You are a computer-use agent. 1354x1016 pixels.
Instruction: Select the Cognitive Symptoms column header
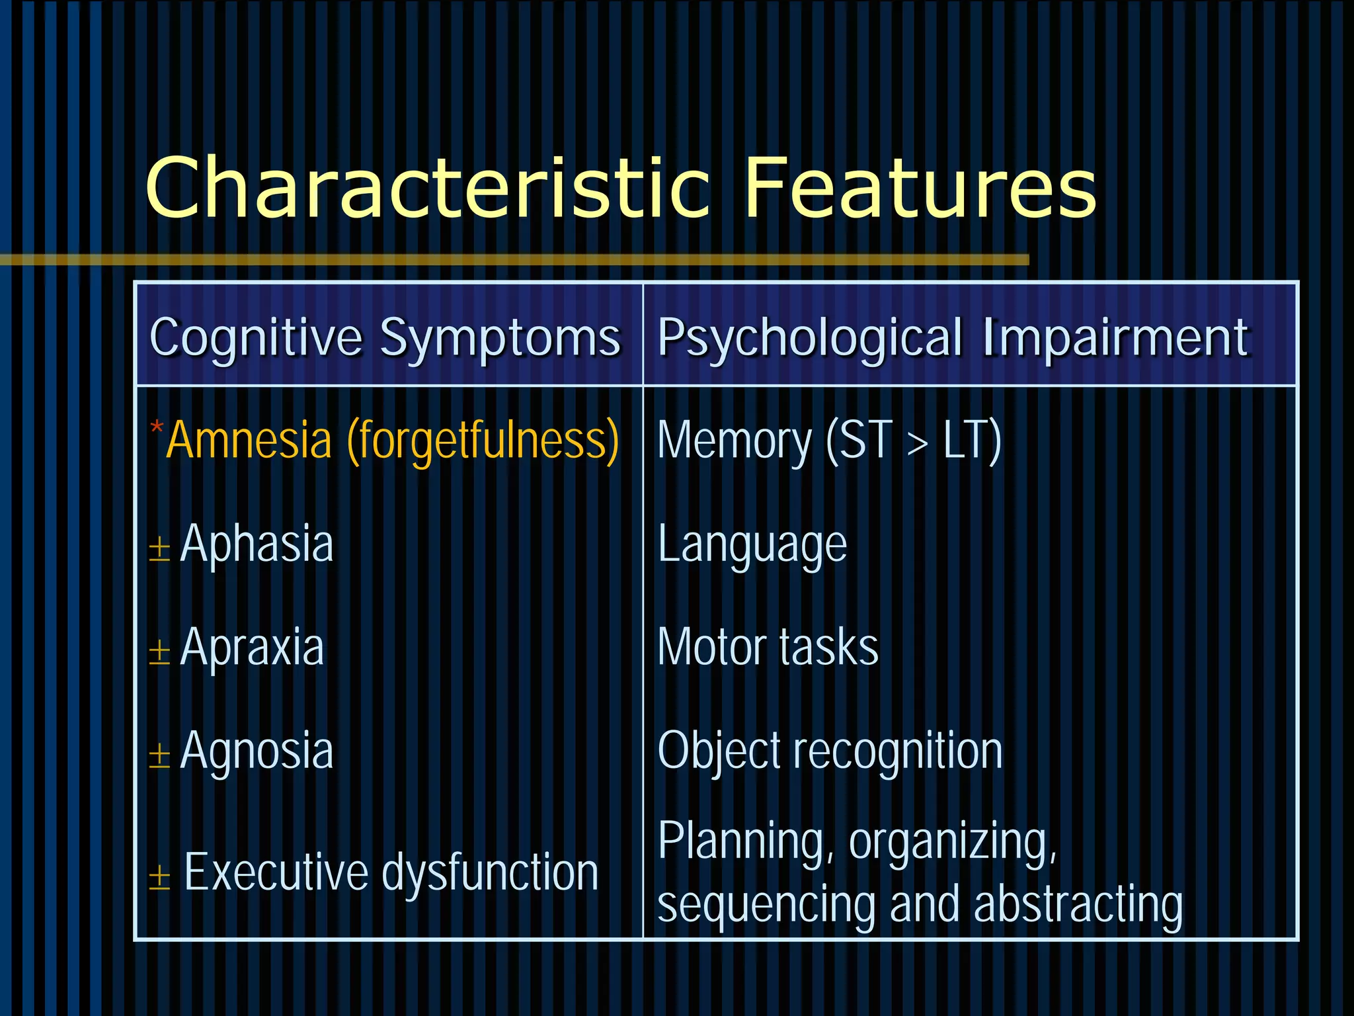point(385,337)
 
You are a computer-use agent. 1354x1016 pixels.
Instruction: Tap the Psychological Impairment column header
point(953,337)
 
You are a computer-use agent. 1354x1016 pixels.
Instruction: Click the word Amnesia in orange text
point(249,441)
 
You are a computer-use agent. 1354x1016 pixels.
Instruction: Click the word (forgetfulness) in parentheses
point(483,441)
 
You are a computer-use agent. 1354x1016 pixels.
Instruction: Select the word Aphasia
point(257,544)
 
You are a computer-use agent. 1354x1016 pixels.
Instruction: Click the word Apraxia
point(252,647)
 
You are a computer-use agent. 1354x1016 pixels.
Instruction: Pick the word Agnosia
point(257,751)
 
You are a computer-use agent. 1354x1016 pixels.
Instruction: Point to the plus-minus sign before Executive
point(159,878)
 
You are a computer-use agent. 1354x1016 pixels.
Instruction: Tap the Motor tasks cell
point(768,647)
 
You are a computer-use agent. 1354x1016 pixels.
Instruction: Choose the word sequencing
point(766,905)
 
